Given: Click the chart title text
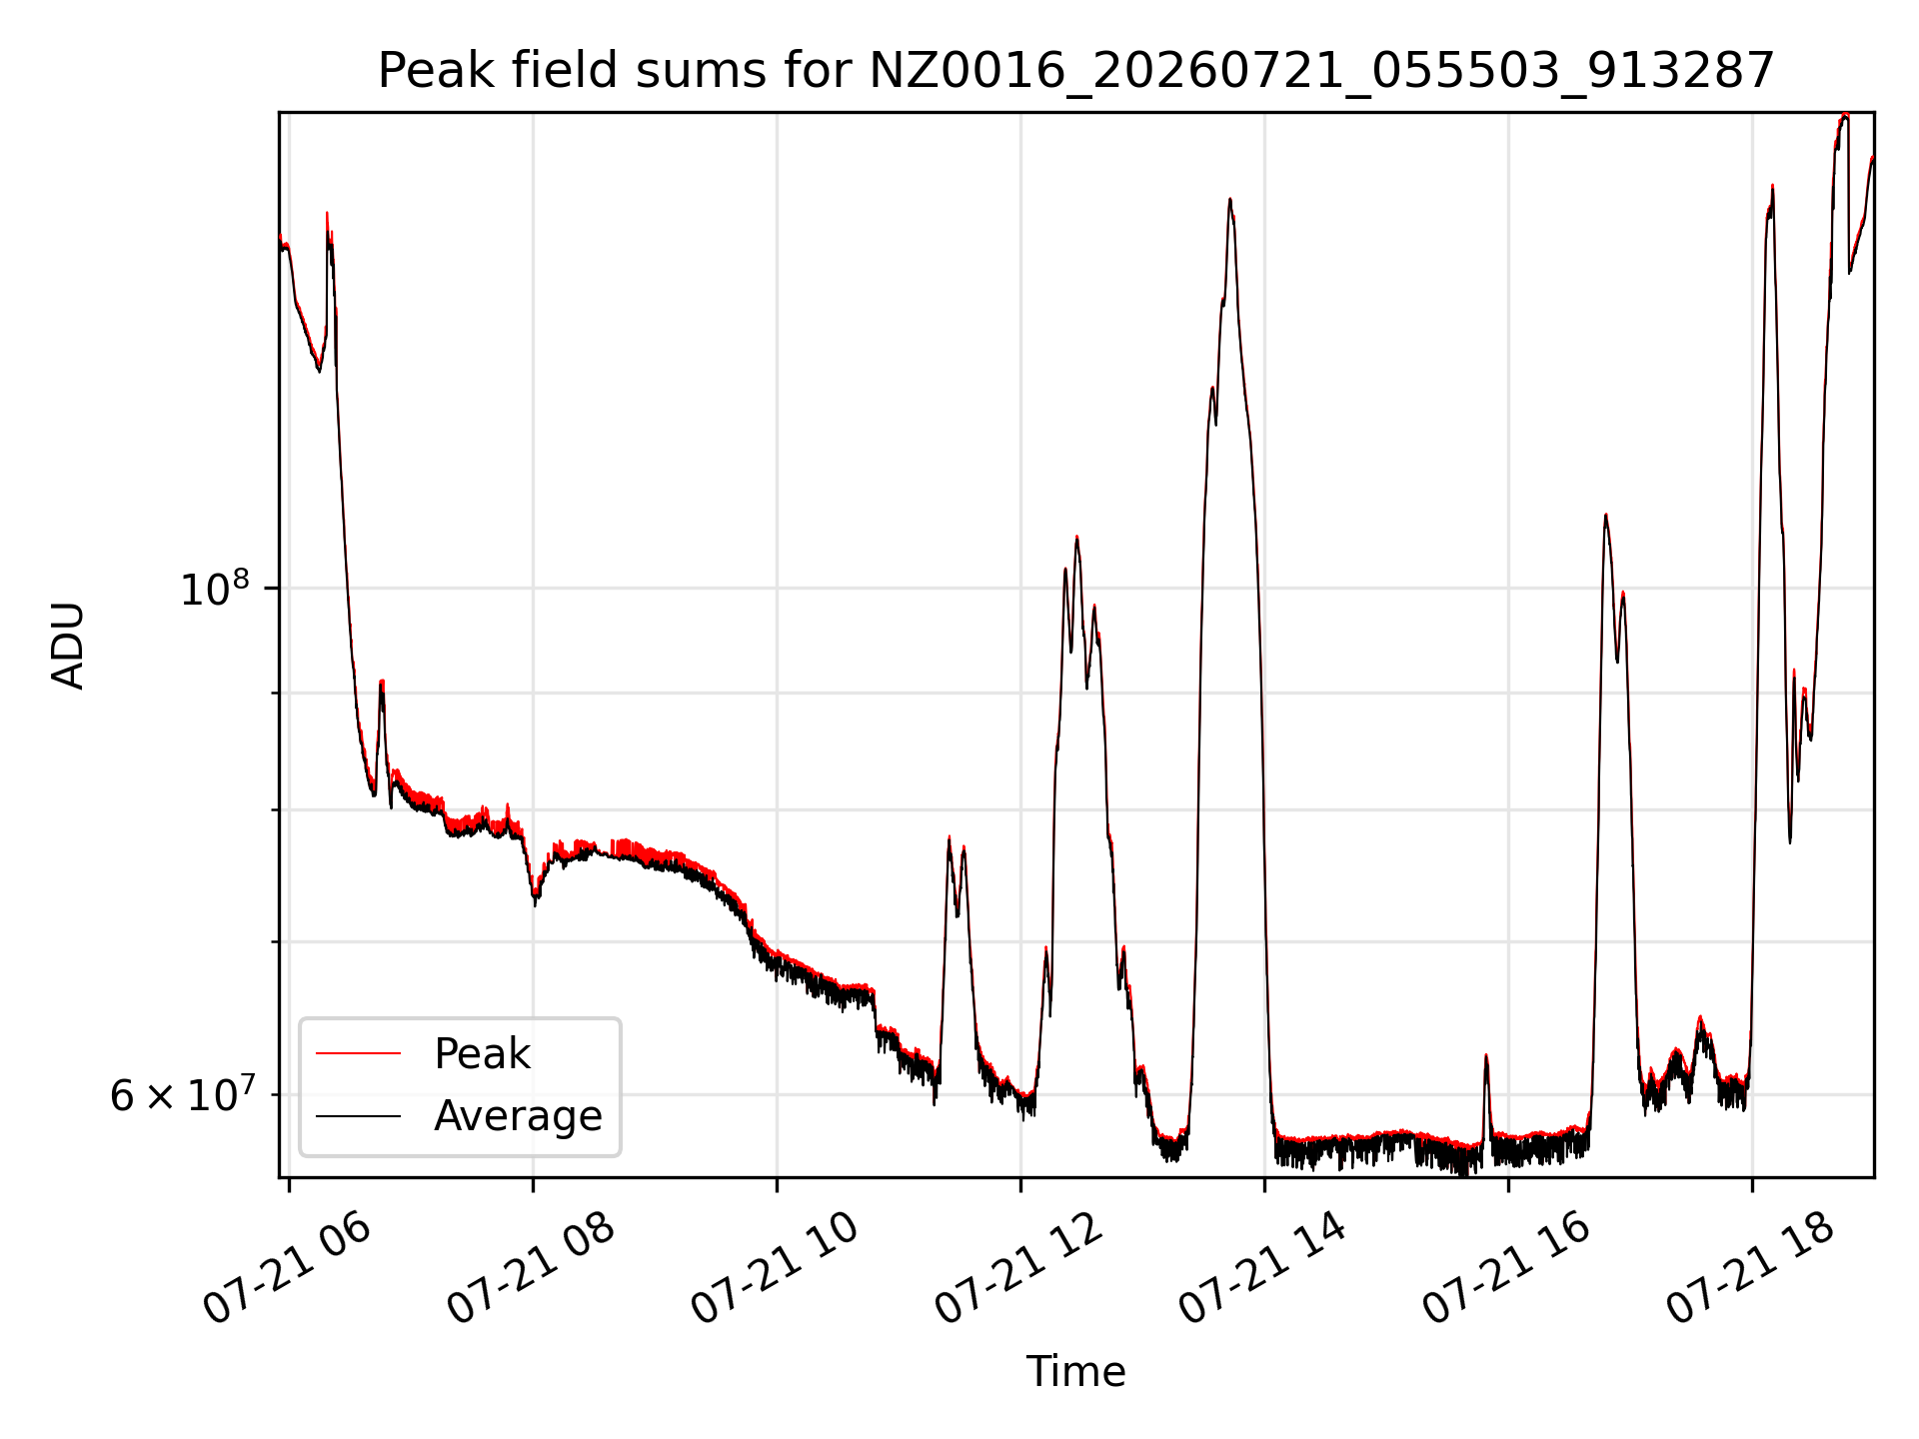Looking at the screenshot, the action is coord(1076,71).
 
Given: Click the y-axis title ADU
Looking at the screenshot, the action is coord(68,646).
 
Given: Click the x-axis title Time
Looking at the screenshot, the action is coord(1075,1372).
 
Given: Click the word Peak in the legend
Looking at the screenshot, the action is coord(482,1054).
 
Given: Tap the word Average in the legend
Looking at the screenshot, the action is coord(518,1116).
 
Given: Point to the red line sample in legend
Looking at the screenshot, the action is coord(358,1054).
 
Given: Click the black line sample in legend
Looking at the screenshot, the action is coord(358,1116).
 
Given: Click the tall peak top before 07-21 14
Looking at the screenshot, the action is coord(1230,200).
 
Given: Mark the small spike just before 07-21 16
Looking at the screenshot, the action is coord(1486,1055).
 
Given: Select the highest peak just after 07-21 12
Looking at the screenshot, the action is coord(1076,538).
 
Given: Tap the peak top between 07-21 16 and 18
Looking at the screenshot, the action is coord(1605,516).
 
